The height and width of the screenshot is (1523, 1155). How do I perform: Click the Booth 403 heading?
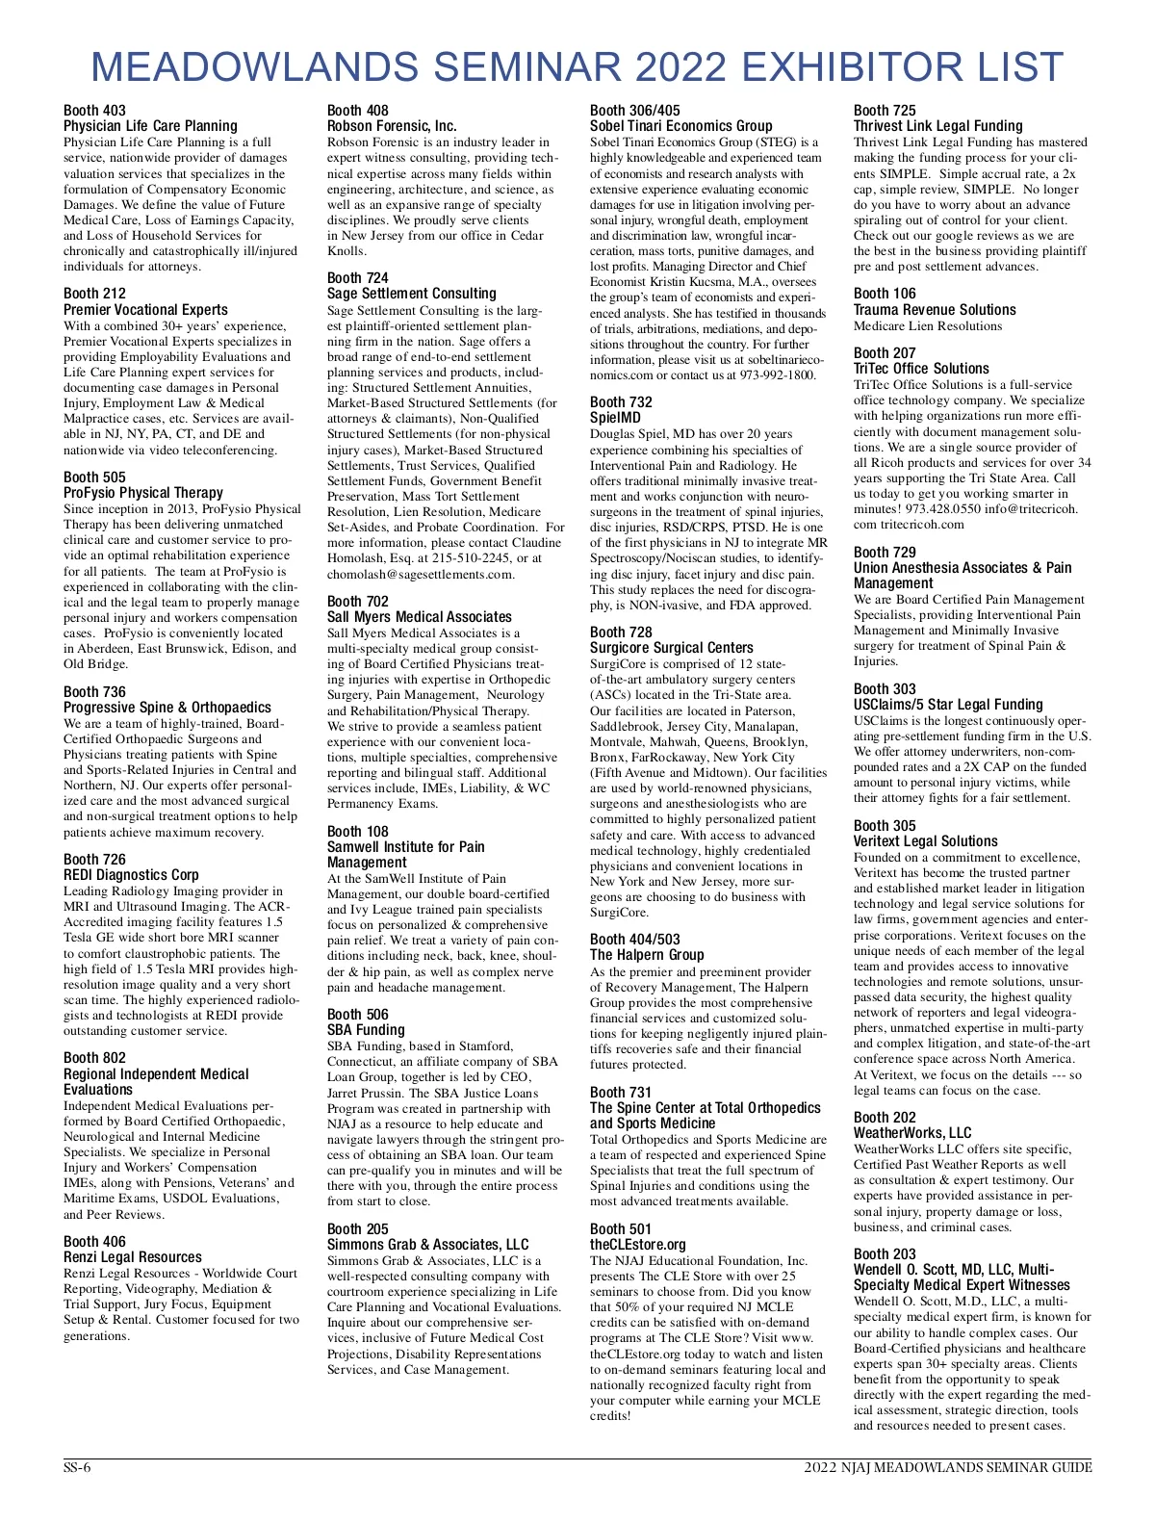coord(94,111)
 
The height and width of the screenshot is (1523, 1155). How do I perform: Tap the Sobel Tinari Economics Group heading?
coord(680,126)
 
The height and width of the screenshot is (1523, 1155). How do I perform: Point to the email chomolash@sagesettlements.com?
coord(421,574)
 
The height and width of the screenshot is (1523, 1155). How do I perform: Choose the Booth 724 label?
coord(358,278)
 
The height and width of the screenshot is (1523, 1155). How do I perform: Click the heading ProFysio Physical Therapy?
coord(143,493)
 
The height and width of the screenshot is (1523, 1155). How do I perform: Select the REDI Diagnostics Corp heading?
coord(131,875)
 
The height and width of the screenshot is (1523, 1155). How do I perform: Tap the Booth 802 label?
coord(94,1058)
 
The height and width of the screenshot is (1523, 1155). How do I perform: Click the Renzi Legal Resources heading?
coord(133,1257)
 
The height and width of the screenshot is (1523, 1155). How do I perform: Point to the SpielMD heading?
coord(615,418)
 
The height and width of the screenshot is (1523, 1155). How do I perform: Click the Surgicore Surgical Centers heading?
coord(672,648)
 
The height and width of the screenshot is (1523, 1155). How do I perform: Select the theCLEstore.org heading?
coord(638,1245)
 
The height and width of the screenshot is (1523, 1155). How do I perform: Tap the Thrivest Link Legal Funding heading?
coord(937,126)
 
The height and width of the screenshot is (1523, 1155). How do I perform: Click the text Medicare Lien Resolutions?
coord(927,325)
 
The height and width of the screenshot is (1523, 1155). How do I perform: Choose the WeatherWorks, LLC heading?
coord(912,1133)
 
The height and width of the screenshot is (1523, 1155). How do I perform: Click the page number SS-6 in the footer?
coord(77,1468)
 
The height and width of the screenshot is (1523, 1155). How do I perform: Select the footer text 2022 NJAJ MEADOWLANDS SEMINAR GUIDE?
coord(948,1468)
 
